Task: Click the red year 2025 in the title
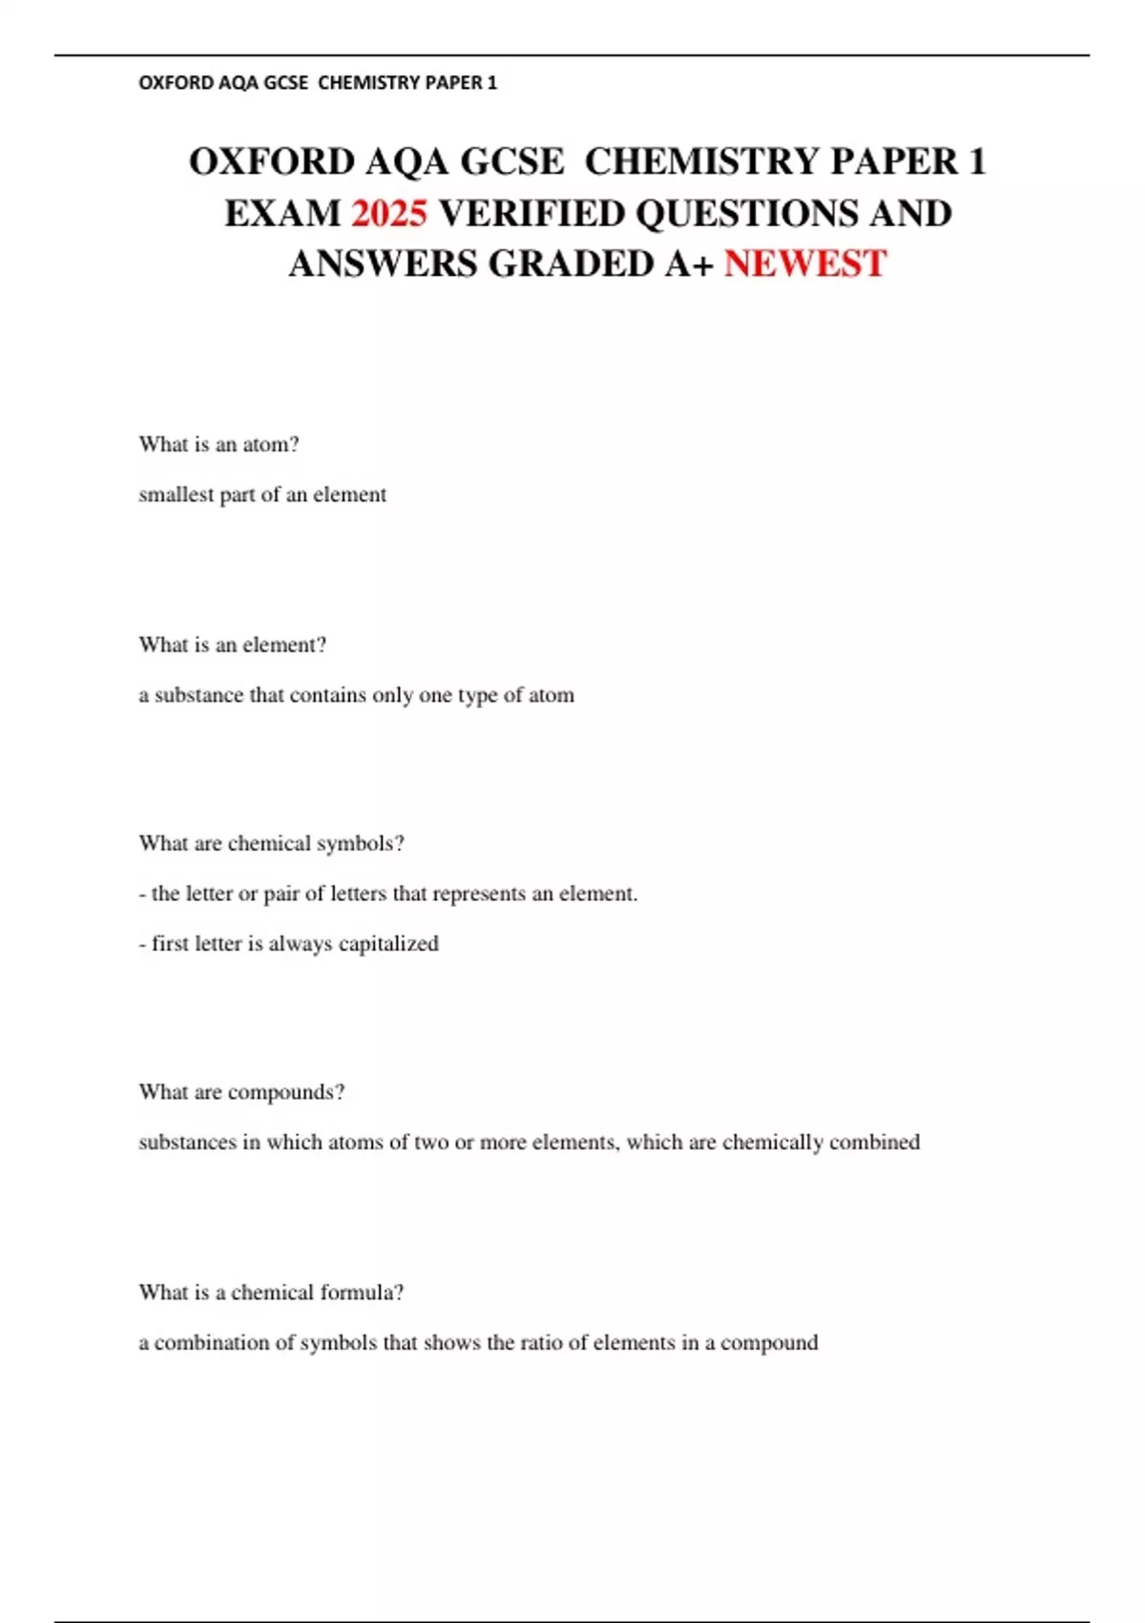pyautogui.click(x=388, y=213)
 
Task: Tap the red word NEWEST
pyautogui.click(x=805, y=263)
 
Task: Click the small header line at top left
pyautogui.click(x=318, y=83)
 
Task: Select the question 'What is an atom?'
pyautogui.click(x=219, y=444)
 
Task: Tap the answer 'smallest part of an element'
pyautogui.click(x=262, y=495)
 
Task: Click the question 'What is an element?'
pyautogui.click(x=232, y=644)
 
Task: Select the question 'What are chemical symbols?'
pyautogui.click(x=271, y=843)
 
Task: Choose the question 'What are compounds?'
pyautogui.click(x=241, y=1091)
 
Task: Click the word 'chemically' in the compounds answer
pyautogui.click(x=772, y=1142)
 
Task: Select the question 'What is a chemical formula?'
pyautogui.click(x=271, y=1292)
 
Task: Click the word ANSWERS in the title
pyautogui.click(x=384, y=263)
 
